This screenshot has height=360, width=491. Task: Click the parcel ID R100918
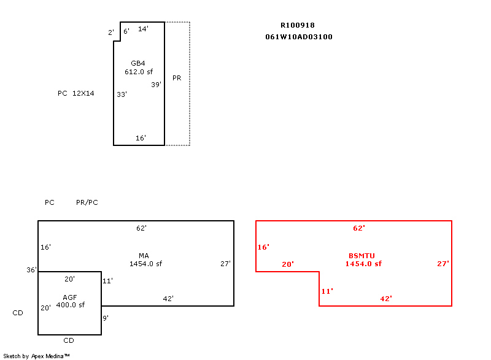pyautogui.click(x=298, y=26)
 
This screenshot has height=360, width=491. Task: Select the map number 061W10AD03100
pyautogui.click(x=299, y=37)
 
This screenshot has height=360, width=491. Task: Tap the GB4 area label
pyautogui.click(x=138, y=64)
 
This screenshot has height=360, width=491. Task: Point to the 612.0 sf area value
pyautogui.click(x=138, y=72)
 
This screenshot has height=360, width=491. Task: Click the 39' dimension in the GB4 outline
pyautogui.click(x=156, y=85)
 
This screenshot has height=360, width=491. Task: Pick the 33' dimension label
pyautogui.click(x=122, y=94)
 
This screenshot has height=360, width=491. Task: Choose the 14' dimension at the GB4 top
pyautogui.click(x=142, y=29)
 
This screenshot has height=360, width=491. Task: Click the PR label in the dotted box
pyautogui.click(x=177, y=78)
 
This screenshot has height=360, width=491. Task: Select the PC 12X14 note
pyautogui.click(x=75, y=93)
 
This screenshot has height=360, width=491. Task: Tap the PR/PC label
pyautogui.click(x=87, y=202)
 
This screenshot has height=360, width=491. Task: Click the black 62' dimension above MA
pyautogui.click(x=141, y=228)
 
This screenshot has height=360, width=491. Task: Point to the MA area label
pyautogui.click(x=144, y=256)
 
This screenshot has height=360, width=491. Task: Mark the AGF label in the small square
pyautogui.click(x=70, y=297)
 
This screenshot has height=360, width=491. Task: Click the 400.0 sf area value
pyautogui.click(x=70, y=305)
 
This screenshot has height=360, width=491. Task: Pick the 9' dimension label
pyautogui.click(x=106, y=318)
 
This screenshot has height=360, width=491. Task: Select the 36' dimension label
pyautogui.click(x=31, y=270)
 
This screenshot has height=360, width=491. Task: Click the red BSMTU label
pyautogui.click(x=361, y=256)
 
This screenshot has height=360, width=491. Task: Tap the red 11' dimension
pyautogui.click(x=327, y=291)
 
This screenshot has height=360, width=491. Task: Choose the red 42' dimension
pyautogui.click(x=386, y=299)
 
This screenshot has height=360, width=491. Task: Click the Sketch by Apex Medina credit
pyautogui.click(x=36, y=356)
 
